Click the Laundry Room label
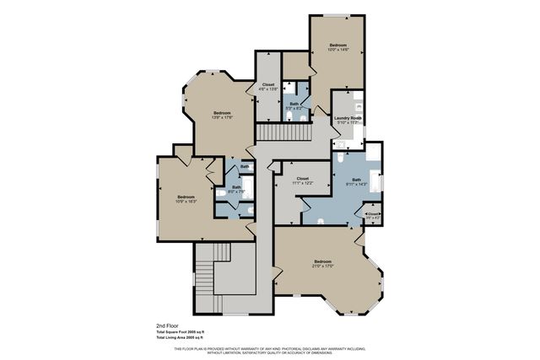point(348,117)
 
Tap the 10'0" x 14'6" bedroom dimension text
point(338,50)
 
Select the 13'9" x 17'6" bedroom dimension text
point(223,117)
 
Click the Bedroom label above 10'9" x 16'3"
point(186,196)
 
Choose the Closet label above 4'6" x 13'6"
point(268,84)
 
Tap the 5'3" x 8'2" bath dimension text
point(294,107)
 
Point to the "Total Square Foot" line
point(186,331)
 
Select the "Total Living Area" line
point(186,337)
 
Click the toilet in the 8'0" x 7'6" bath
point(220,193)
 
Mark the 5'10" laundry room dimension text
point(348,122)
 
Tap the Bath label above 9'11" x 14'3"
point(356,178)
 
